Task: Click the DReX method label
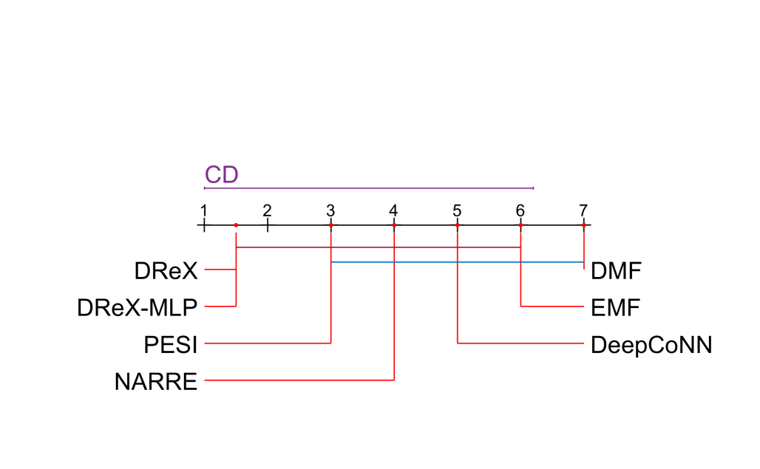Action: (166, 272)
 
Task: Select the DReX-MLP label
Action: (138, 307)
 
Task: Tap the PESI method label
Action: (171, 344)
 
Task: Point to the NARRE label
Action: (156, 382)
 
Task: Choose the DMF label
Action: (615, 272)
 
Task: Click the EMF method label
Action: (615, 307)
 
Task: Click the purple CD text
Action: (222, 175)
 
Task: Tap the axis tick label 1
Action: (203, 210)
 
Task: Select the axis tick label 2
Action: (267, 210)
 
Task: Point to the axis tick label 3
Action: (330, 210)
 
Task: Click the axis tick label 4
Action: (394, 210)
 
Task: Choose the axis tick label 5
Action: (458, 210)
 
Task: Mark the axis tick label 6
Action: (520, 210)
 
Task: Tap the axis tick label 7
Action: (584, 210)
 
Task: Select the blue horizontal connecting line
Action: (458, 262)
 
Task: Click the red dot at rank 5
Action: (458, 225)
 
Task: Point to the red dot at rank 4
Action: (394, 225)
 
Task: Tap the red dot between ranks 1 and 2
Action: (235, 225)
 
